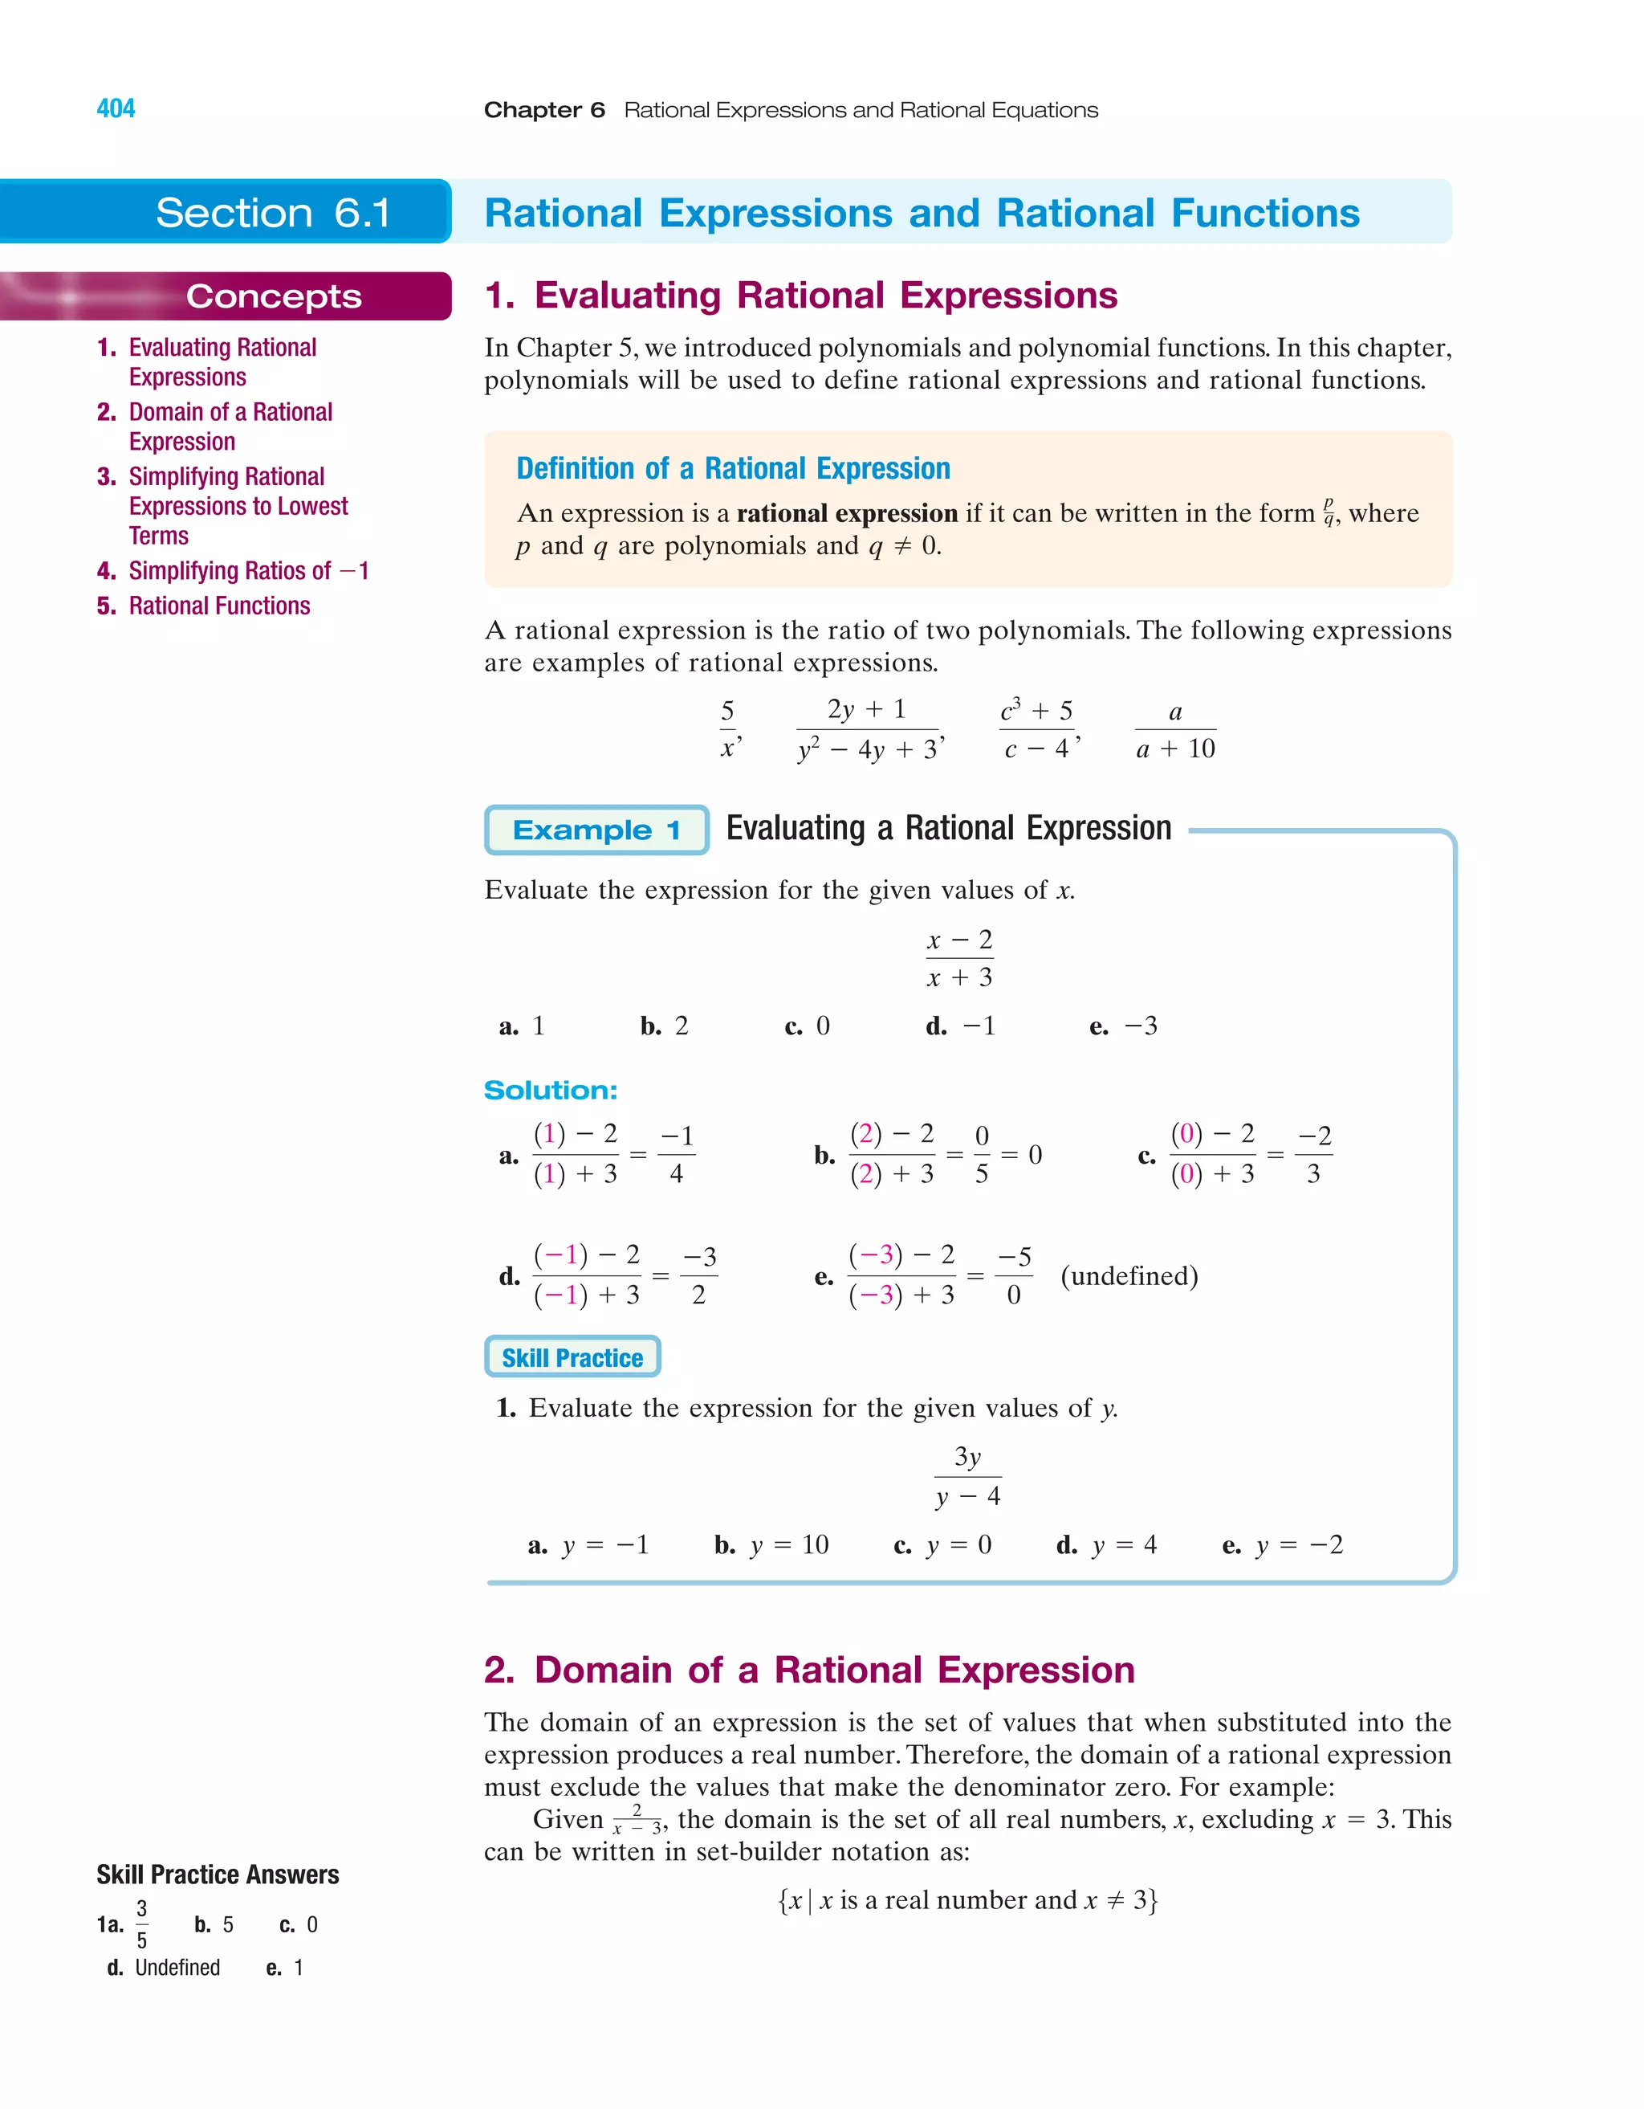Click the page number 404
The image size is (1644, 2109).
pyautogui.click(x=116, y=108)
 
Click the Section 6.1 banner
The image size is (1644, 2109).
pyautogui.click(x=273, y=213)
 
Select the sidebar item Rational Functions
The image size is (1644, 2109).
pyautogui.click(x=219, y=606)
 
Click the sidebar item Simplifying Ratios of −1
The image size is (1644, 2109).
pyautogui.click(x=247, y=571)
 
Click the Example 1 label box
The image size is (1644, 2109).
pyautogui.click(x=596, y=830)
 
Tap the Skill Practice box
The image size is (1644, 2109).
pyautogui.click(x=572, y=1356)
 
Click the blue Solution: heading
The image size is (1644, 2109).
pyautogui.click(x=550, y=1090)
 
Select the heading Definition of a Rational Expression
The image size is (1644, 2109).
pyautogui.click(x=733, y=468)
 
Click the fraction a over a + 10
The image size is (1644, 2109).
pyautogui.click(x=1175, y=730)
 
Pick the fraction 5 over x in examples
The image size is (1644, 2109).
pyautogui.click(x=728, y=730)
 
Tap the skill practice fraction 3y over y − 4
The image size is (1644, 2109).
pyautogui.click(x=968, y=1475)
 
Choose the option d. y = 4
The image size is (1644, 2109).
pyautogui.click(x=1106, y=1545)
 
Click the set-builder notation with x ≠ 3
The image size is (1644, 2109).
pyautogui.click(x=967, y=1899)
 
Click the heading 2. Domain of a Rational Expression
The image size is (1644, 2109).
pyautogui.click(x=809, y=1670)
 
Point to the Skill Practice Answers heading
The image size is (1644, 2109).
pyautogui.click(x=218, y=1874)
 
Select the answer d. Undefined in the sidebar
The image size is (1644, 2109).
pyautogui.click(x=164, y=1967)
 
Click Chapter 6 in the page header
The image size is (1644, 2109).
pyautogui.click(x=544, y=110)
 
